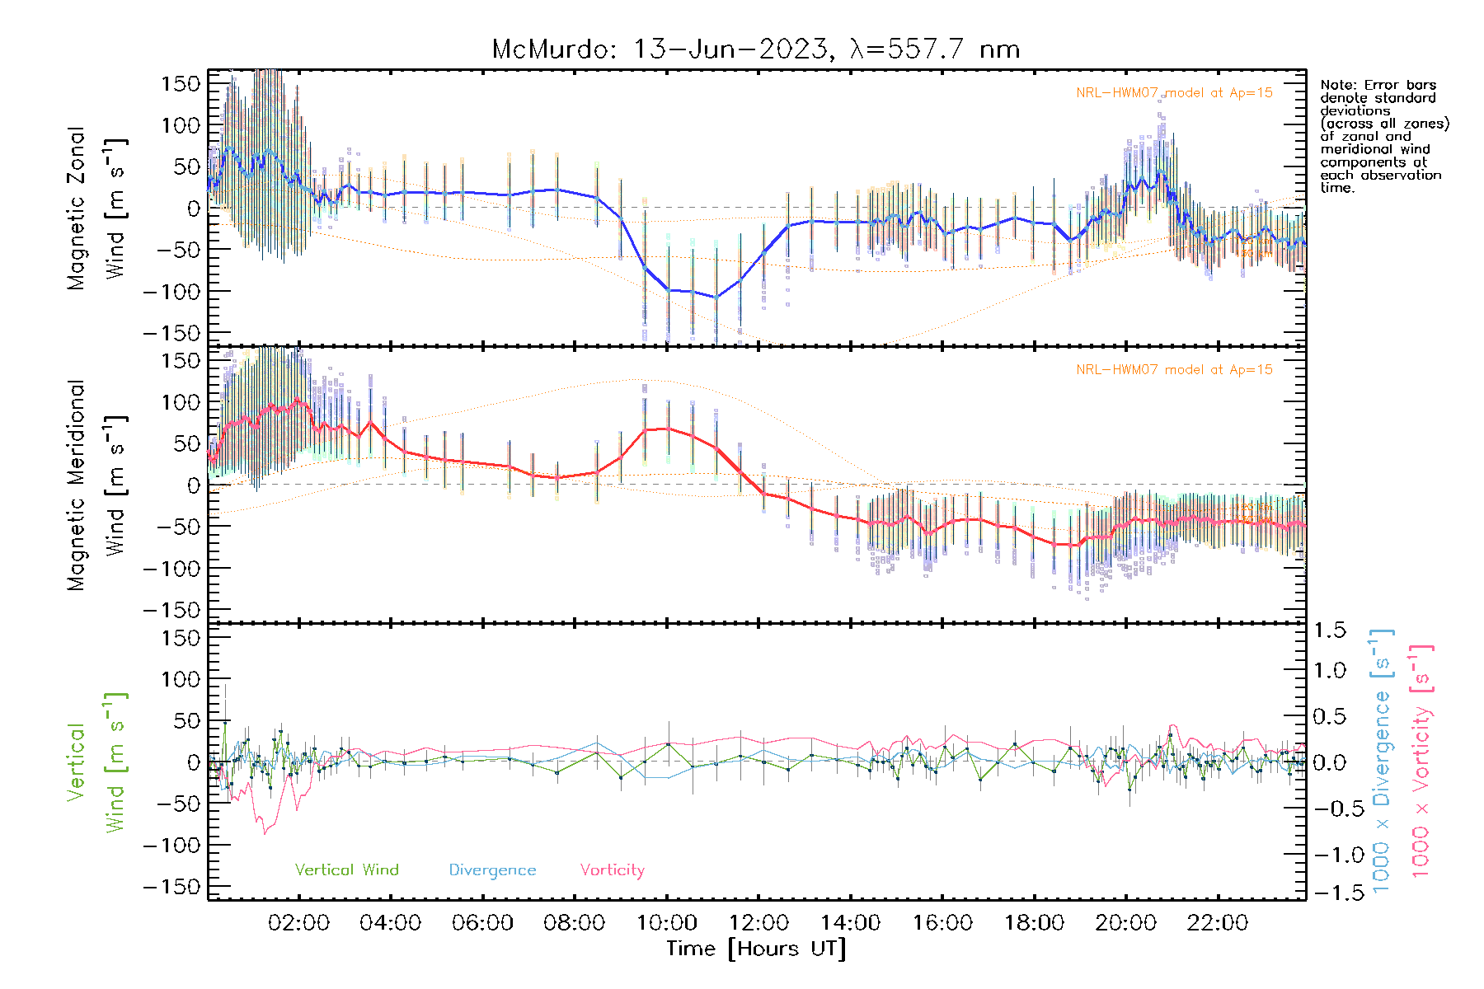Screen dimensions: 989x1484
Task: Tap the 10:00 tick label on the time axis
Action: pos(667,923)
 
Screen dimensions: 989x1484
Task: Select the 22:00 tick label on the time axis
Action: pos(1218,923)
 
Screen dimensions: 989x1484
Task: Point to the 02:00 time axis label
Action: pos(298,923)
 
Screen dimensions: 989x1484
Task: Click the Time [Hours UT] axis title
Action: pos(756,949)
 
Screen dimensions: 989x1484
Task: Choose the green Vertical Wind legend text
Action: pos(346,870)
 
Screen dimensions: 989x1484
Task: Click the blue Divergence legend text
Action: pos(492,870)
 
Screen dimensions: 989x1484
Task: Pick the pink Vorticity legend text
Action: pos(612,870)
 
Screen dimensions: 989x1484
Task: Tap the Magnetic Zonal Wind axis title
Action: pos(97,208)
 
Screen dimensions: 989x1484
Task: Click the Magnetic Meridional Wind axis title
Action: pos(97,485)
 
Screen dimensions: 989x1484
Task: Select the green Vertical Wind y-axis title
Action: pos(97,762)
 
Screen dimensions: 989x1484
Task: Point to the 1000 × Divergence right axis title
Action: pos(1382,762)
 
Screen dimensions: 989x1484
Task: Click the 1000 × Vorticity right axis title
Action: pos(1421,762)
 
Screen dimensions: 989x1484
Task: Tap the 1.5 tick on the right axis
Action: pos(1330,630)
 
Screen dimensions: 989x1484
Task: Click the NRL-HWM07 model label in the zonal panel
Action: pos(1174,93)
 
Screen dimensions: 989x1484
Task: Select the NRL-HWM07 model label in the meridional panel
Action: pos(1174,370)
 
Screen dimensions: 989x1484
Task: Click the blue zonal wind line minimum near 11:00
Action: pos(716,297)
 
